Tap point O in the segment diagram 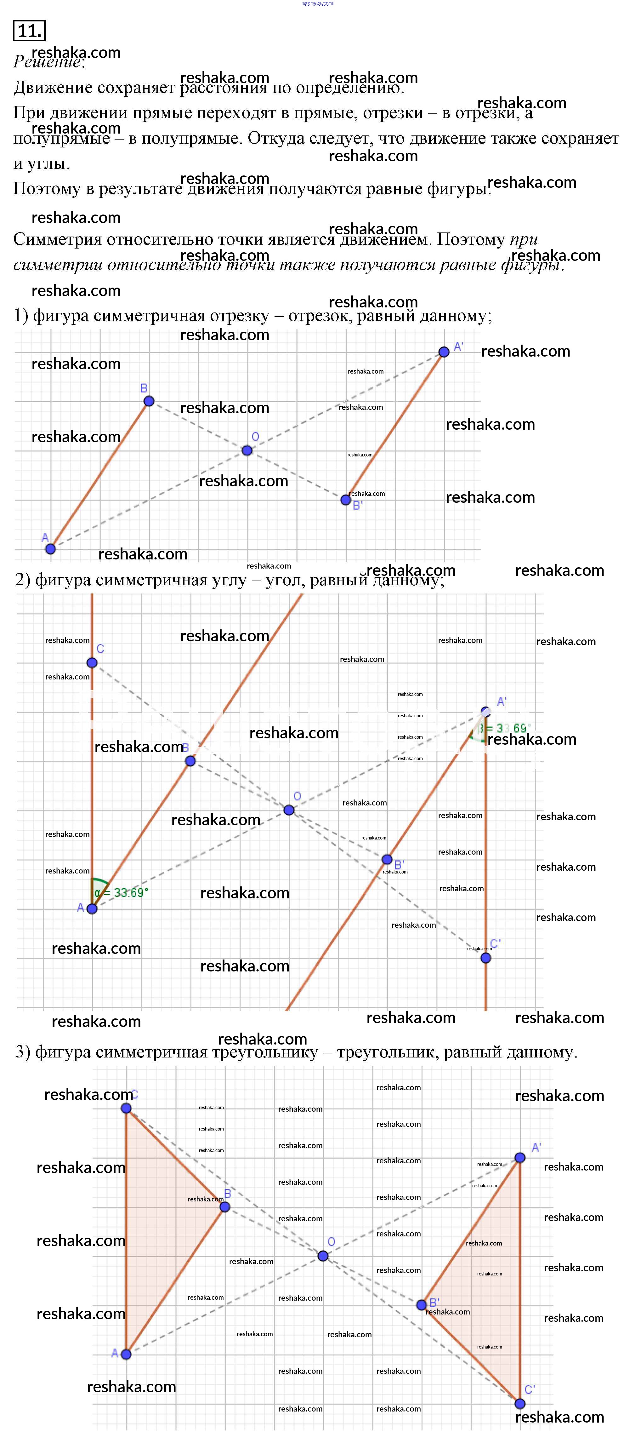(x=247, y=450)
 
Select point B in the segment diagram (x=149, y=401)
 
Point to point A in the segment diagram (x=50, y=548)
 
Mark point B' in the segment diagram (x=345, y=499)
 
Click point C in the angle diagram (x=92, y=662)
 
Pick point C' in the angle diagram (x=485, y=957)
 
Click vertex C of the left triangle (x=127, y=1108)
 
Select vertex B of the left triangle (x=225, y=1206)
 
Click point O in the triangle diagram (x=323, y=1256)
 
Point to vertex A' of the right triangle (x=520, y=1157)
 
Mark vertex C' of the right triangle (x=520, y=1403)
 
